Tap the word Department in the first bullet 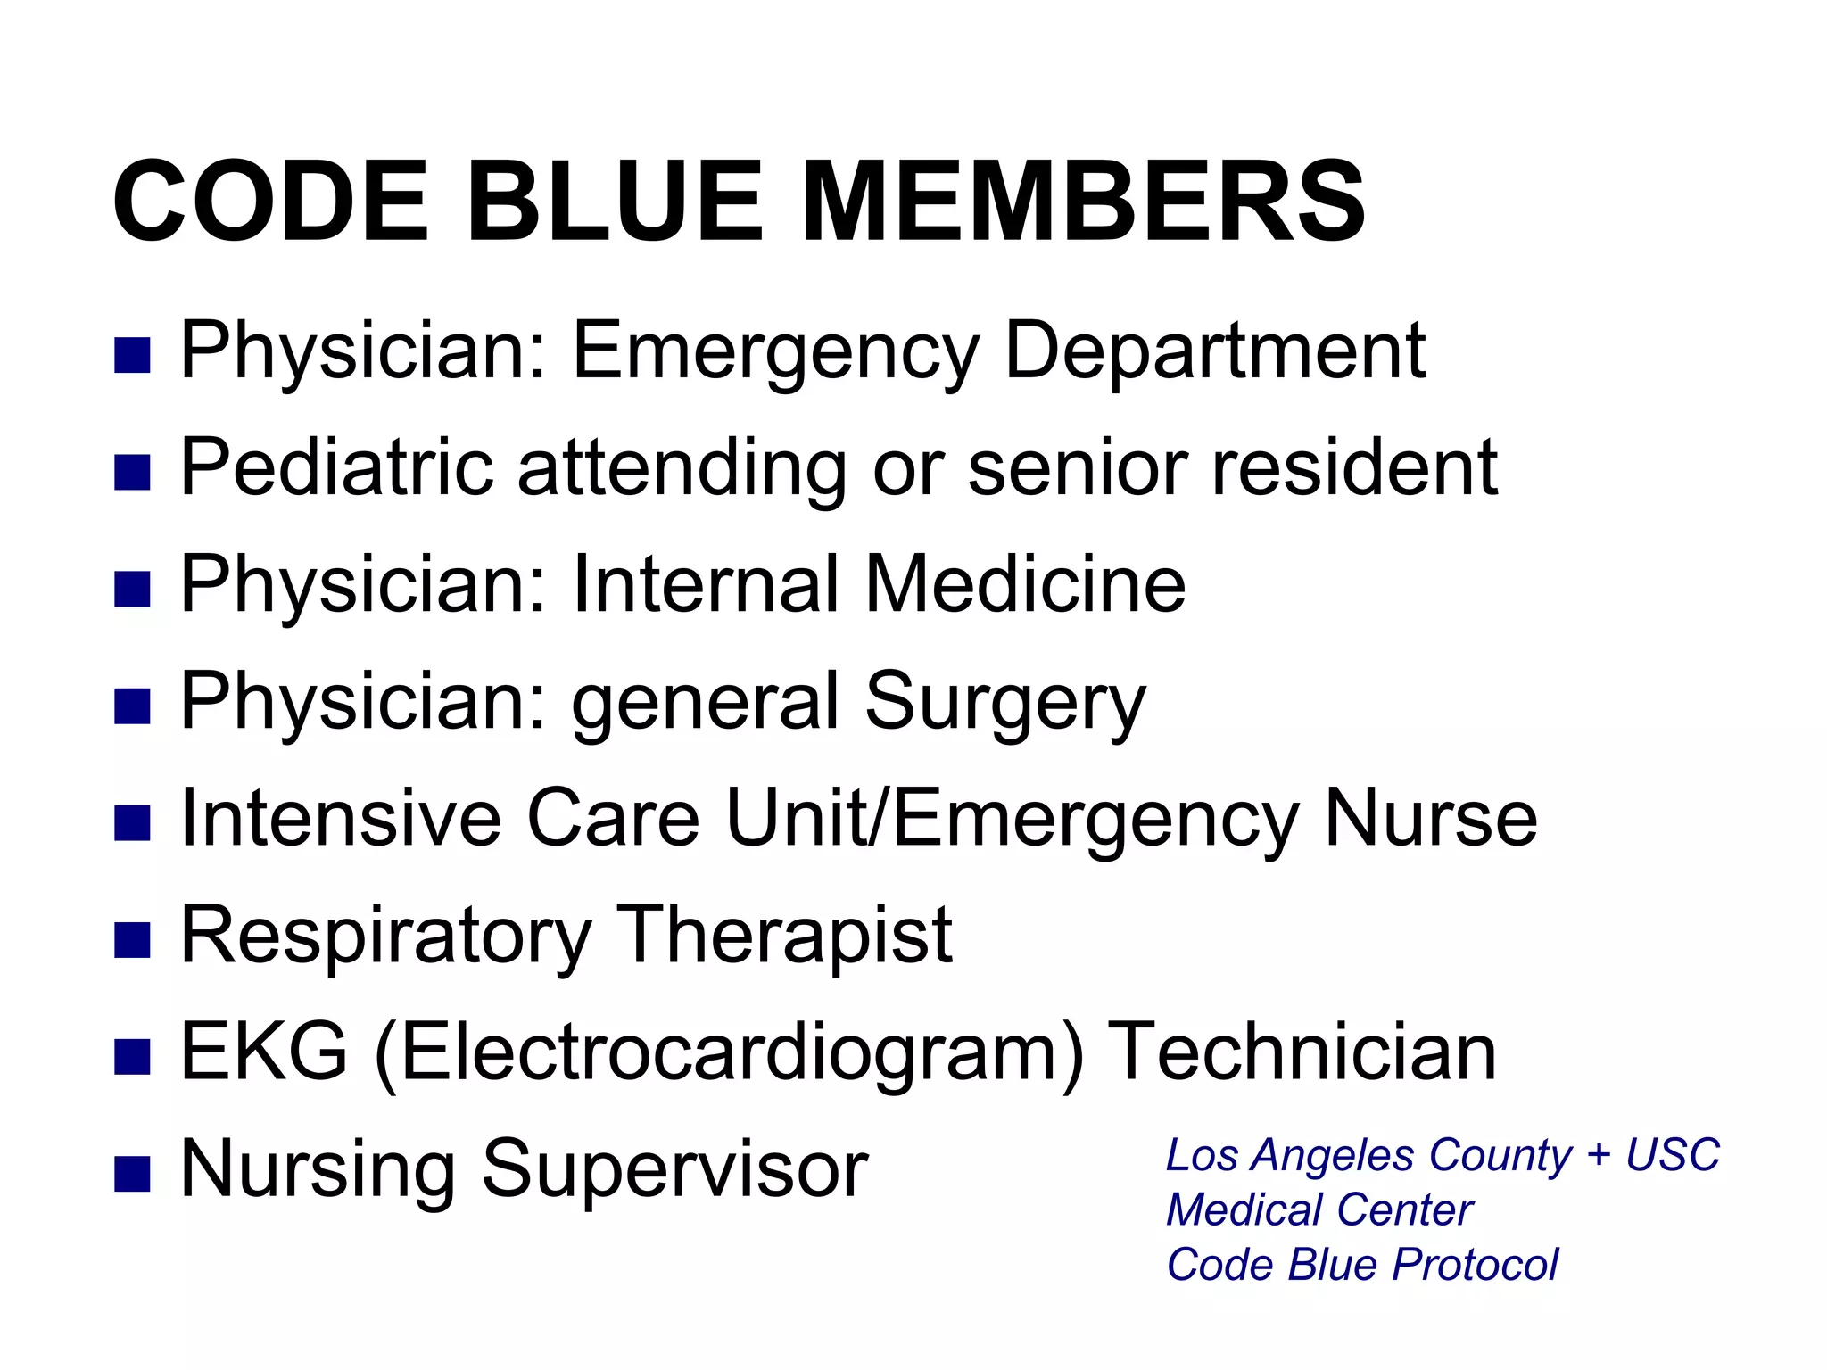(1214, 351)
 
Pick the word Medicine (1025, 584)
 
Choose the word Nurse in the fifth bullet (1431, 818)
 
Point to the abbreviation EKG (263, 1052)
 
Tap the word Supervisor (674, 1169)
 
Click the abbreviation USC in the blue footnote (1672, 1155)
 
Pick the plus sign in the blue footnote (1599, 1156)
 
